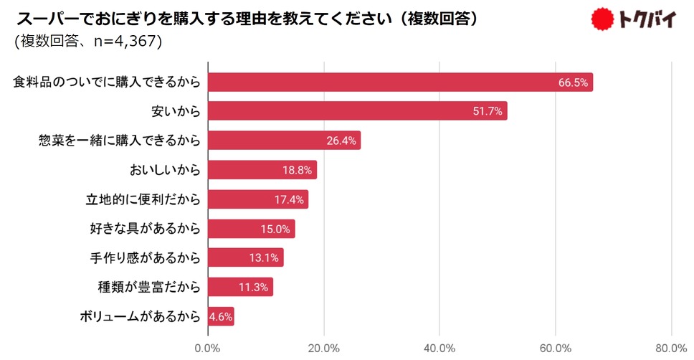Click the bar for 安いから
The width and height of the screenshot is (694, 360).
[357, 111]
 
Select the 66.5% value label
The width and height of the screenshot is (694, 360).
[574, 82]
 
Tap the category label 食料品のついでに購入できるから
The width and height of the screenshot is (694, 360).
[105, 82]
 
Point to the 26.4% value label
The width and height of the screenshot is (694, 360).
[341, 141]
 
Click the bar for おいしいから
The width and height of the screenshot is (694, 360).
[262, 170]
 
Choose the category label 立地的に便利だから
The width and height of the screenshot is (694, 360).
[143, 199]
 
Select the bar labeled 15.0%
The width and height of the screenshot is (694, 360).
[251, 229]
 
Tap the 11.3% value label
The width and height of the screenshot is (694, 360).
[253, 288]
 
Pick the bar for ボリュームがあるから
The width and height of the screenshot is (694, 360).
[221, 317]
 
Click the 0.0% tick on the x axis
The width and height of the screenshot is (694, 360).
[208, 349]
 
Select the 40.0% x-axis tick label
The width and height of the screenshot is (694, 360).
[439, 349]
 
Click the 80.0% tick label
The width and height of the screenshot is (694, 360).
[671, 349]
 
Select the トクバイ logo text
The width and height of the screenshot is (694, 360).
[648, 20]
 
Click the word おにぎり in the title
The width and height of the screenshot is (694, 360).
[128, 18]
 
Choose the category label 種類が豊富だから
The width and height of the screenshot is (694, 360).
[148, 288]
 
